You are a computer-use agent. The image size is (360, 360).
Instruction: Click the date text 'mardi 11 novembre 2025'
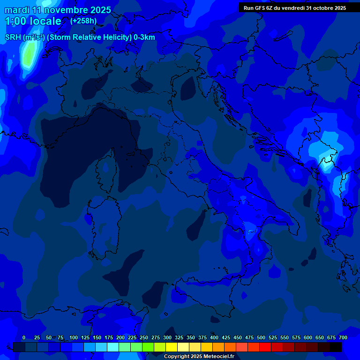point(58,10)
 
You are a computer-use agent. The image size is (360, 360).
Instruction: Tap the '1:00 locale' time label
point(33,21)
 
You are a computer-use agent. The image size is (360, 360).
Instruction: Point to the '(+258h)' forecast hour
point(83,21)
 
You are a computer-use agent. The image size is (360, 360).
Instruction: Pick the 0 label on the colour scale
point(24,337)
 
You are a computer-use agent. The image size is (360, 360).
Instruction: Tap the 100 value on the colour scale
point(74,337)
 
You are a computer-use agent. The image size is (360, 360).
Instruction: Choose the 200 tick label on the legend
point(120,337)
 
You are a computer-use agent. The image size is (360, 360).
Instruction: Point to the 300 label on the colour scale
point(167,337)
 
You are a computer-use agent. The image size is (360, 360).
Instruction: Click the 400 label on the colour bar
point(214,337)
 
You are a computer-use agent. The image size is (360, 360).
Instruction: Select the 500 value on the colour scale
point(261,337)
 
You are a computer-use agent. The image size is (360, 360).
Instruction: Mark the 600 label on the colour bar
point(308,337)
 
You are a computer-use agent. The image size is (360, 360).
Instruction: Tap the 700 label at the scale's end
point(343,337)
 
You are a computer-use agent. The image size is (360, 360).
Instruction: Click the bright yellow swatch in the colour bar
point(172,347)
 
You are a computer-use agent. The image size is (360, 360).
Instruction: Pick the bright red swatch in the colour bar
point(265,347)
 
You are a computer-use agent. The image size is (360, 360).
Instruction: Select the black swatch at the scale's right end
point(336,347)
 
